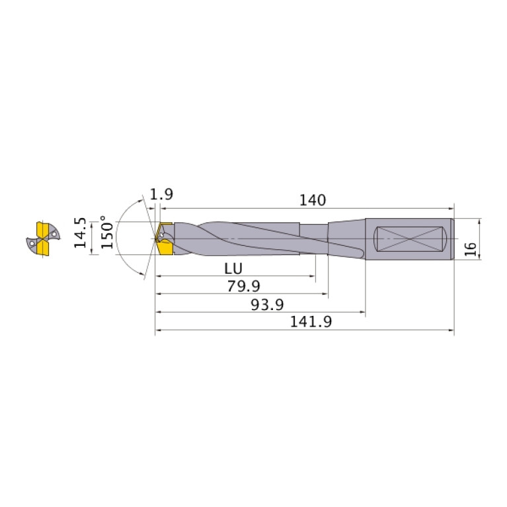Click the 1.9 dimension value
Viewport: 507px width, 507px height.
click(161, 194)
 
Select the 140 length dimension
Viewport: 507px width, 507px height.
click(313, 200)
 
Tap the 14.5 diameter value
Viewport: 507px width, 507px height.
click(80, 233)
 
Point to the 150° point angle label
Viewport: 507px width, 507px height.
click(107, 232)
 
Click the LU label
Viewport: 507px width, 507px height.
click(233, 268)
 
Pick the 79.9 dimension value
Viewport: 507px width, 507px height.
click(243, 286)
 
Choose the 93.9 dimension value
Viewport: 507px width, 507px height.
click(267, 305)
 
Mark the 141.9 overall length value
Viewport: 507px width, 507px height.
click(311, 322)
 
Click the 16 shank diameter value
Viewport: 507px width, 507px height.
click(471, 249)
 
